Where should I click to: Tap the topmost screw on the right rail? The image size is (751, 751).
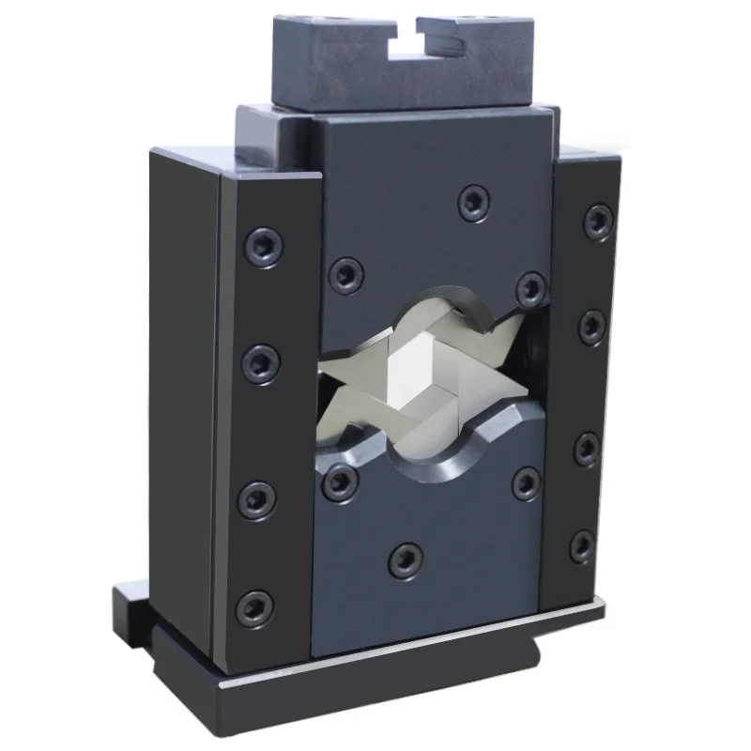(x=598, y=221)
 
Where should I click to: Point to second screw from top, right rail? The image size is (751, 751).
(x=592, y=325)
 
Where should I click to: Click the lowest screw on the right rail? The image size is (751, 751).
(x=582, y=545)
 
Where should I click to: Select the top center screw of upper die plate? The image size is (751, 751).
(x=474, y=202)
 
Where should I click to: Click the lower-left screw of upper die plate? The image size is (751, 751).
(x=346, y=273)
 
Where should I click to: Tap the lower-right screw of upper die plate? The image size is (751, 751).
(x=531, y=287)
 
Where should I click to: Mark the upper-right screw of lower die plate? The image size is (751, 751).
(x=526, y=483)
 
